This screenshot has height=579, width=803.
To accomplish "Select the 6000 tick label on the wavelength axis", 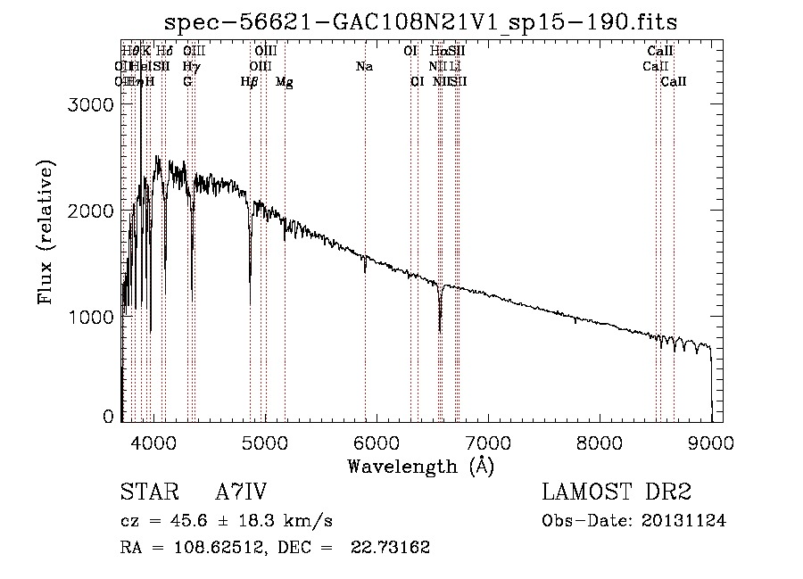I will pyautogui.click(x=376, y=442).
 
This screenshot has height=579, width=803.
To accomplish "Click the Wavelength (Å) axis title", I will pyautogui.click(x=420, y=466).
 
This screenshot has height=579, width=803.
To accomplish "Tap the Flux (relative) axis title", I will pyautogui.click(x=46, y=232).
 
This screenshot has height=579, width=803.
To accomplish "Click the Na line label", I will pyautogui.click(x=364, y=67).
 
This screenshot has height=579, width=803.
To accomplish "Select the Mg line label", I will pyautogui.click(x=284, y=82).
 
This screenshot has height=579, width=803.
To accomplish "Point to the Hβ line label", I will pyautogui.click(x=249, y=82).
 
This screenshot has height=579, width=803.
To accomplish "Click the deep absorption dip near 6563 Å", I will pyautogui.click(x=440, y=328).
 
